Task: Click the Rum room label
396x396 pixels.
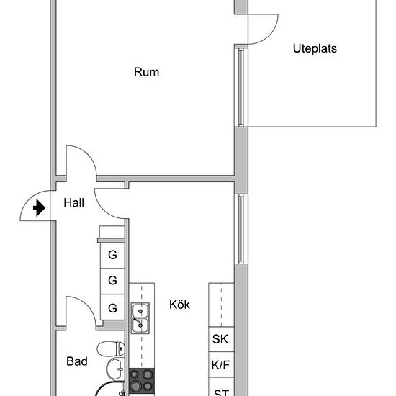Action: click(x=146, y=72)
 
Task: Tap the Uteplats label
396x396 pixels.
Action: click(x=315, y=49)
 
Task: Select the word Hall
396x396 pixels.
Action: click(x=73, y=203)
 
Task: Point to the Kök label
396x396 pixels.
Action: click(x=179, y=305)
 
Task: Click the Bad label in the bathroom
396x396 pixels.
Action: click(x=77, y=361)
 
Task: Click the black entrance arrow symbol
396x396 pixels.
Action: click(x=40, y=209)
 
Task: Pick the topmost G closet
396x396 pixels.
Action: click(x=112, y=254)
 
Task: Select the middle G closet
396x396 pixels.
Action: click(x=112, y=281)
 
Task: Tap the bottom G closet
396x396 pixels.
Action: click(x=112, y=307)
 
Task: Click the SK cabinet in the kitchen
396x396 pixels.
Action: click(x=220, y=339)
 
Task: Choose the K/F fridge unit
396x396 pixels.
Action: click(x=220, y=365)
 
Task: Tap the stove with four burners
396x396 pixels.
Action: click(x=142, y=380)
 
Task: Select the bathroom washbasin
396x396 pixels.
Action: click(x=115, y=370)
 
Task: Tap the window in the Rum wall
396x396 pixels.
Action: click(x=240, y=86)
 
